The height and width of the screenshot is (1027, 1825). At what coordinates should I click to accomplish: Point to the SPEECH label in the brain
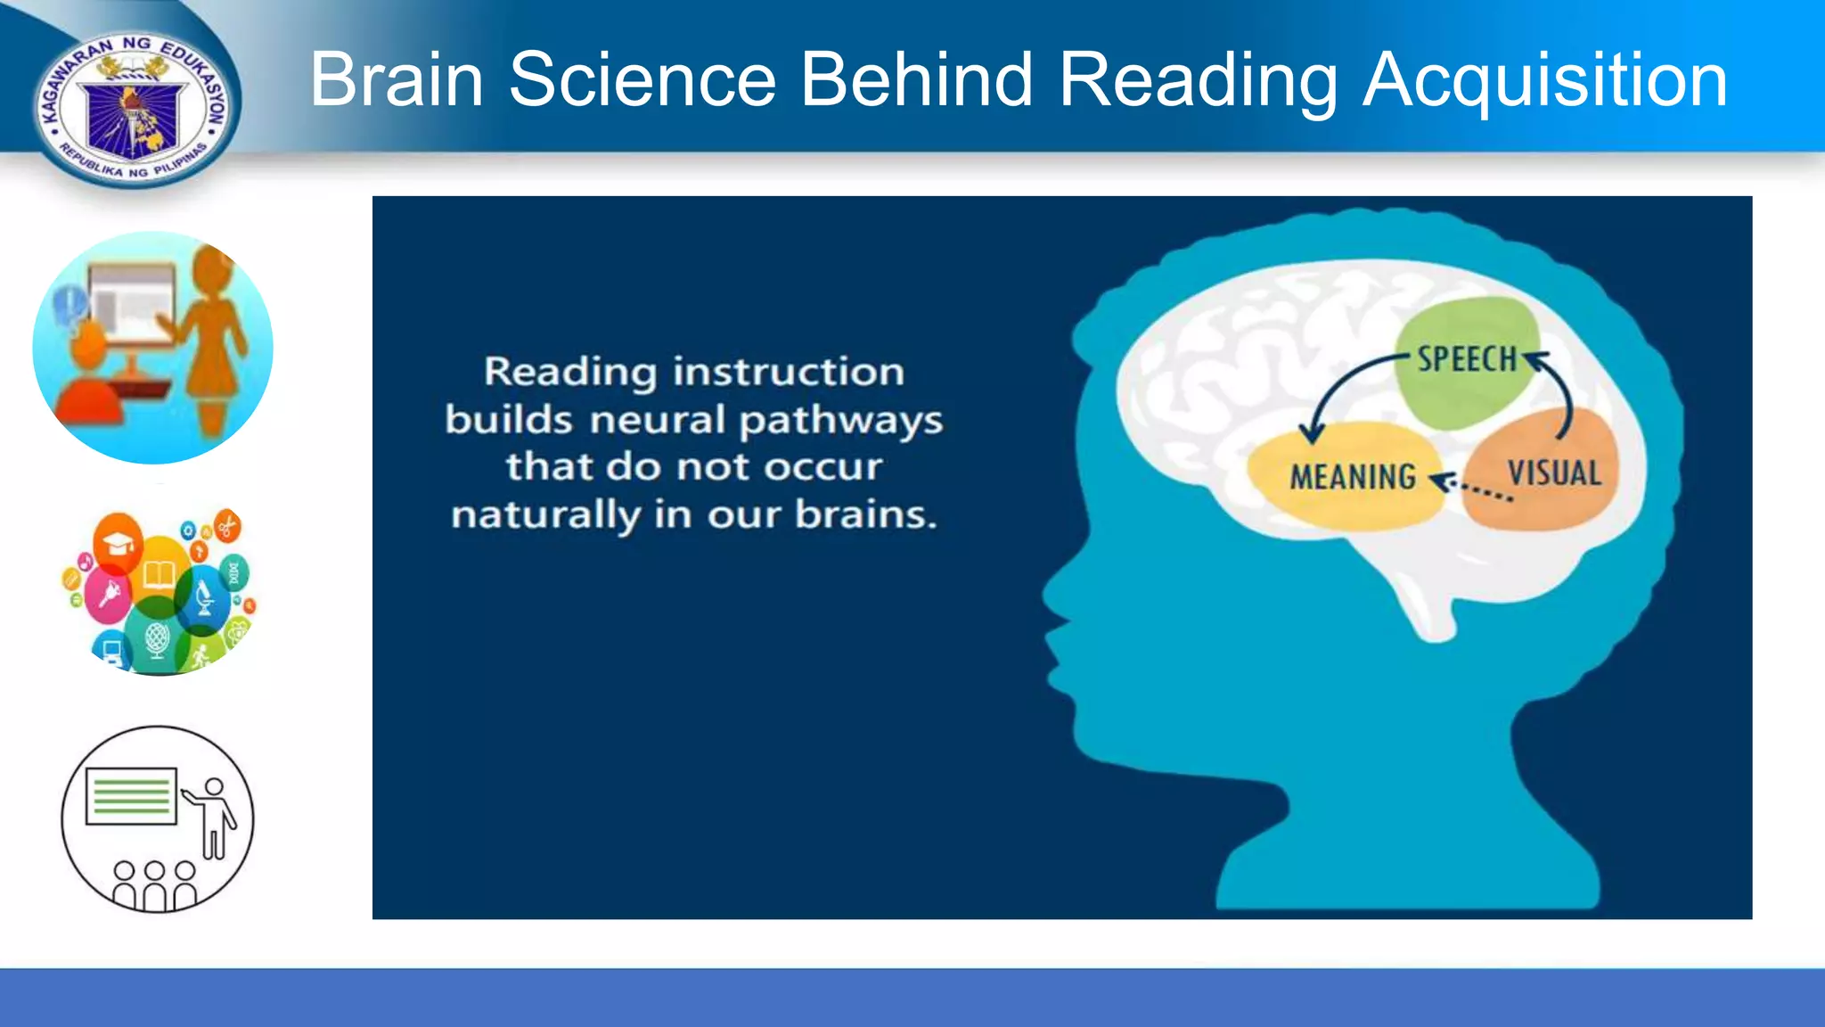[1467, 359]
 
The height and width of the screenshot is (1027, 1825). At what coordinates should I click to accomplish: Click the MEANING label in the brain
[1353, 478]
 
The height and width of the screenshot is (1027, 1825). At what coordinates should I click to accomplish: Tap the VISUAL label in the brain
[1554, 472]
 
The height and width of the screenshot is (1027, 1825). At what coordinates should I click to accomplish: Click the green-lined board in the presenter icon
[131, 795]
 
